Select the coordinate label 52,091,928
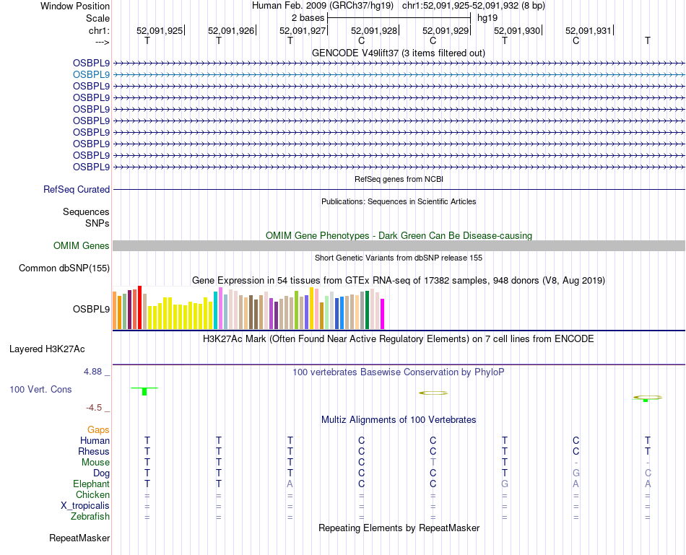coord(374,30)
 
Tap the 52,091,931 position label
coord(589,30)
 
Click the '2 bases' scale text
coord(308,17)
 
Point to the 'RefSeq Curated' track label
coord(77,190)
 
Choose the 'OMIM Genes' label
coord(82,246)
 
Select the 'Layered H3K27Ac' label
coord(47,349)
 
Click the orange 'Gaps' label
coord(98,429)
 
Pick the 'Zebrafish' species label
coord(90,517)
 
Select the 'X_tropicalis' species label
coord(85,506)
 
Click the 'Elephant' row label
coord(91,484)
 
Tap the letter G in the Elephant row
coord(505,484)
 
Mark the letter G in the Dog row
coord(576,473)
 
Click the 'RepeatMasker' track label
coord(79,538)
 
